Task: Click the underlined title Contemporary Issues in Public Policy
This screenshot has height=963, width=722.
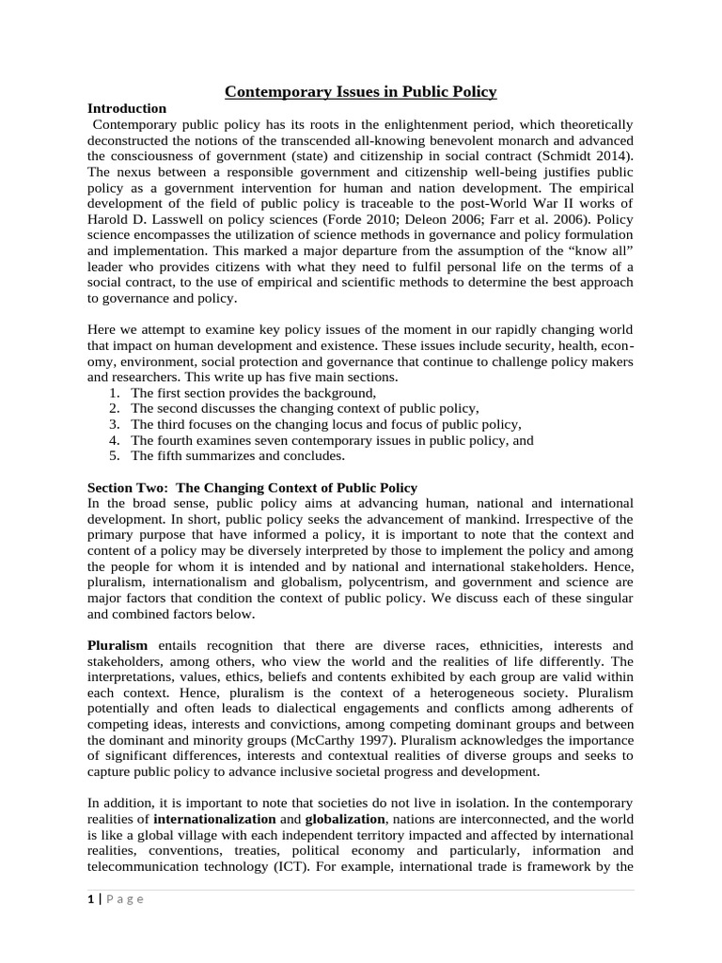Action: [361, 91]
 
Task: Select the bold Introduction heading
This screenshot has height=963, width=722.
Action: [127, 108]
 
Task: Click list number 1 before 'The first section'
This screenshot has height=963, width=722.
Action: [113, 392]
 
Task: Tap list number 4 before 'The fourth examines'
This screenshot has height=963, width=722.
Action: [113, 440]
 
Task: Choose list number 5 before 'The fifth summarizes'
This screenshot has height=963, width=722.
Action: [113, 456]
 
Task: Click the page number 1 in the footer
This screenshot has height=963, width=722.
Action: [90, 899]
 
